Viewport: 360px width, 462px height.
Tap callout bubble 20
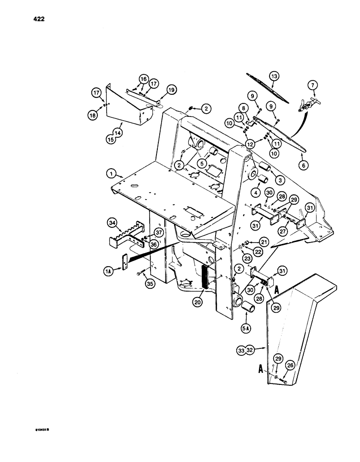coord(199,302)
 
